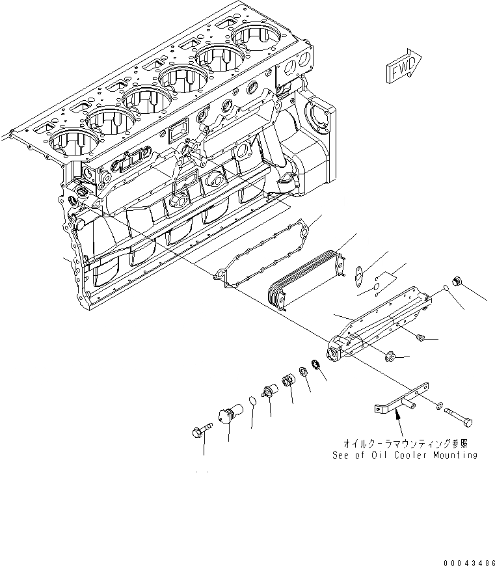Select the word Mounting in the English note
[450, 455]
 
